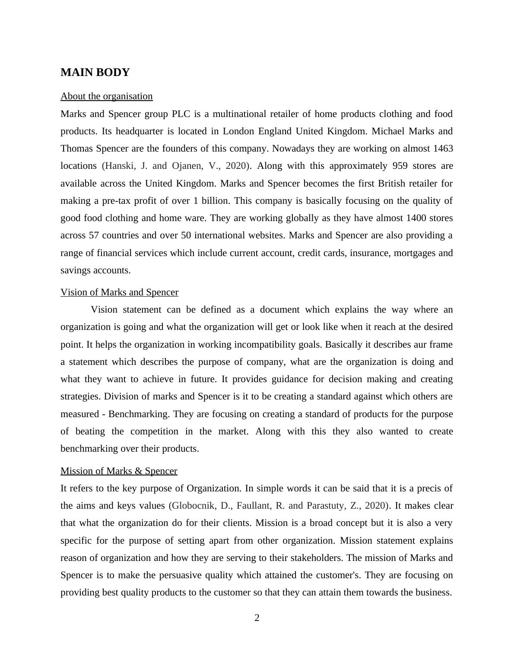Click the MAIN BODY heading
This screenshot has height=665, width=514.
(x=95, y=73)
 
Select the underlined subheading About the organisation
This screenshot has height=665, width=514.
(x=106, y=96)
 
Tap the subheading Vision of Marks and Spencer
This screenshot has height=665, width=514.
(x=119, y=292)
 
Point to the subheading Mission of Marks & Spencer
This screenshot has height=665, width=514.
(x=119, y=471)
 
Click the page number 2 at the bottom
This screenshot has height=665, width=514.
(x=257, y=618)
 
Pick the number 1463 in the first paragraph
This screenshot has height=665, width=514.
(x=442, y=149)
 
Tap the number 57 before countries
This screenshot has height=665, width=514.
(x=94, y=235)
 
